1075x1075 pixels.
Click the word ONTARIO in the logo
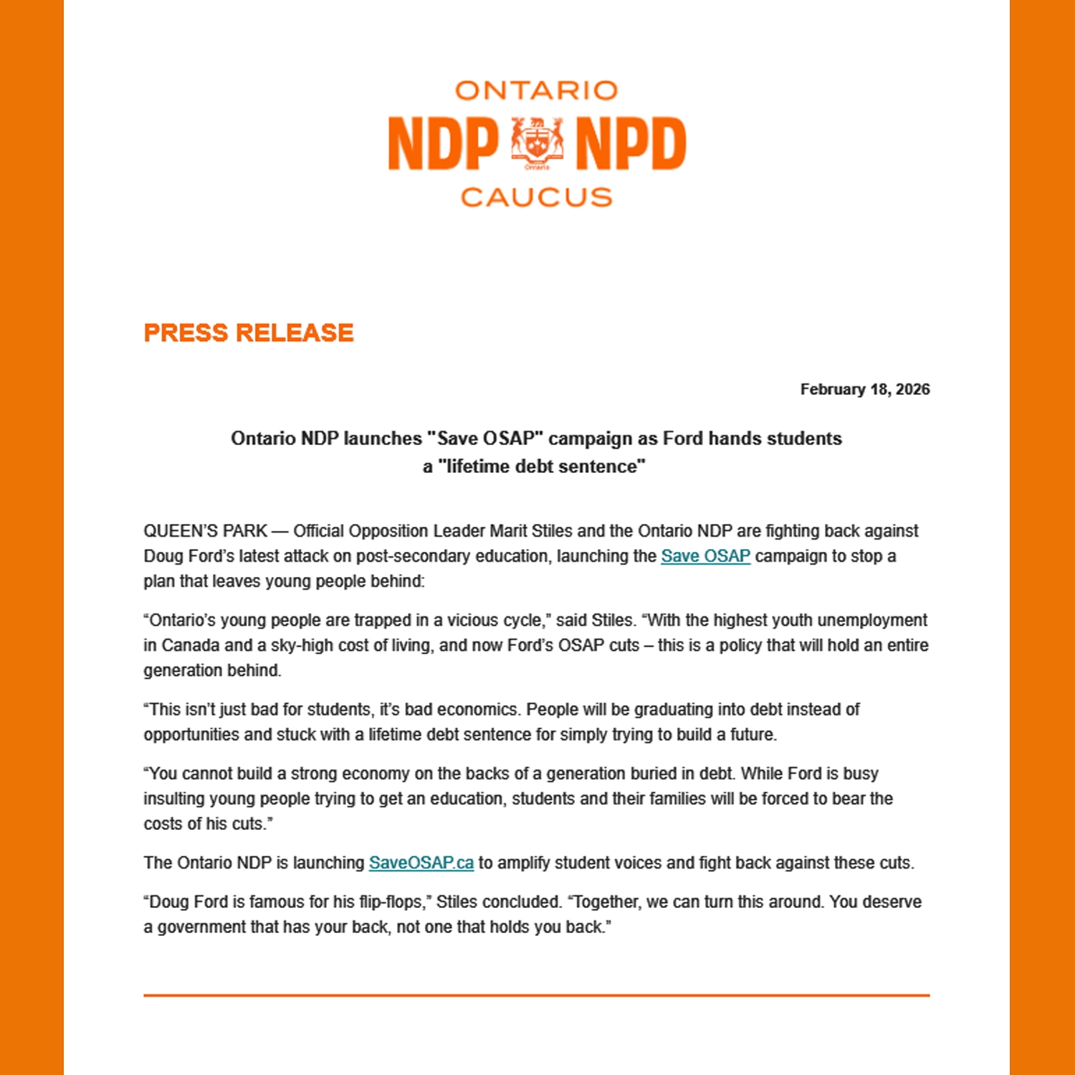click(x=536, y=91)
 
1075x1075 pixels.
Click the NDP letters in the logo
click(x=443, y=144)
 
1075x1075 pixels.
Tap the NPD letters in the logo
click(x=631, y=144)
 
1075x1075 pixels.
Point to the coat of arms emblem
click(x=537, y=142)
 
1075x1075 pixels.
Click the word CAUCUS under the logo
click(x=536, y=197)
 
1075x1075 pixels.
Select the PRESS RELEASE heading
click(x=249, y=333)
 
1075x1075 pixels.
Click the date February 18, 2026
click(x=864, y=389)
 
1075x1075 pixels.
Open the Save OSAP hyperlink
click(x=705, y=556)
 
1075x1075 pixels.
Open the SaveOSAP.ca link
click(x=421, y=863)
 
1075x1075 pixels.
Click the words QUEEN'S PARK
click(x=205, y=531)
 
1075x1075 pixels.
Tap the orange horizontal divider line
click(x=536, y=995)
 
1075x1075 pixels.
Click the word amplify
click(x=523, y=863)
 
